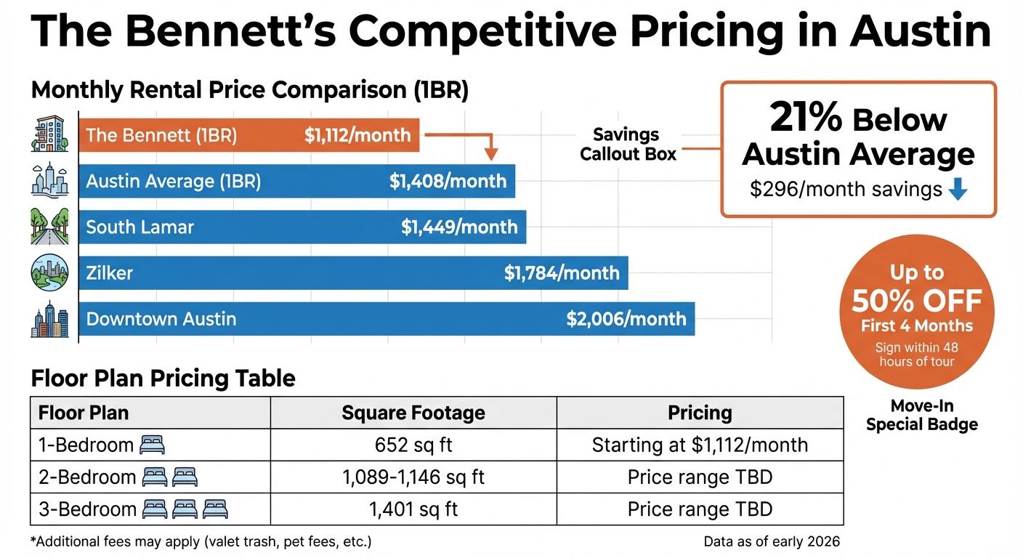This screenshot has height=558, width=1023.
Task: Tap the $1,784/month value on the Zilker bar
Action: [x=562, y=273]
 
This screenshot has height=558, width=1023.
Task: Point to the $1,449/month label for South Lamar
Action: [x=459, y=227]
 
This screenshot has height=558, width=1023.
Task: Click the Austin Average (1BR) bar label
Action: [x=173, y=181]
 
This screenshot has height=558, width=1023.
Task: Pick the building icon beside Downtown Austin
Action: [x=49, y=320]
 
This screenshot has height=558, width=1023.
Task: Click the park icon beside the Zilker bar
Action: [x=49, y=273]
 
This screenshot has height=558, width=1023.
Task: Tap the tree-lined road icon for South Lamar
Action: [x=49, y=227]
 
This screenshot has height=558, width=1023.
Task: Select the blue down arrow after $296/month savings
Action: [x=958, y=190]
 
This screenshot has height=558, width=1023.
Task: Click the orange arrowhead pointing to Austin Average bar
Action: [x=491, y=154]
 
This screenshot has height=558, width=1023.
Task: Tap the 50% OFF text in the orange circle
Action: [x=917, y=300]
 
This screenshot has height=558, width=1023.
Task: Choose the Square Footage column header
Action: [x=413, y=413]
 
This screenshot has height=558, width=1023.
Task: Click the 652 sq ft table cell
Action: [x=413, y=445]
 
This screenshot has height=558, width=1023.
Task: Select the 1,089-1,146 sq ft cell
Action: [x=413, y=477]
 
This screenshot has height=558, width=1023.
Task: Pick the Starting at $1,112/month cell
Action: [x=700, y=445]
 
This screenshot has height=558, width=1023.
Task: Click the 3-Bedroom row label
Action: [x=87, y=509]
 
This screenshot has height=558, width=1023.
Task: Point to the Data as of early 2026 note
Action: [x=772, y=541]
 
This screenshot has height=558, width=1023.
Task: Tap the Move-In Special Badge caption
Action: [x=921, y=416]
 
